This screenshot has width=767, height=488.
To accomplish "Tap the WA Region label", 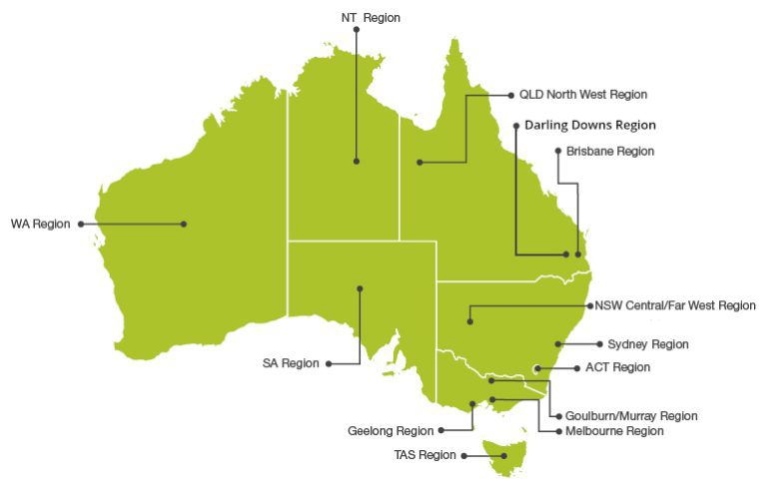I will [40, 225].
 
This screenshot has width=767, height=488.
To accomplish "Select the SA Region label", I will [291, 364].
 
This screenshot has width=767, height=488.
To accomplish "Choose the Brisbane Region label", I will [609, 152].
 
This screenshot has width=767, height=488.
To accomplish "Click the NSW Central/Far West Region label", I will [675, 305].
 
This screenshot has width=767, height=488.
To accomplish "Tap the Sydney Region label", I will [647, 344].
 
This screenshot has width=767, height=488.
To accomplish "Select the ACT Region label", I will [617, 367].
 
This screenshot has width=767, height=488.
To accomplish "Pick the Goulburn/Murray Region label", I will [631, 416].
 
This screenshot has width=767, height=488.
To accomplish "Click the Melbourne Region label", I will [615, 431].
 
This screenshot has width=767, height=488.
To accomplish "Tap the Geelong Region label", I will [390, 431].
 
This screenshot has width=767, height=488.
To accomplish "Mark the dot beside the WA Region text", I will [80, 225].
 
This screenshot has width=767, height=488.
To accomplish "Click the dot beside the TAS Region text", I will [463, 455].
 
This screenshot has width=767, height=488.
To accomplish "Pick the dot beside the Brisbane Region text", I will [557, 152].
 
